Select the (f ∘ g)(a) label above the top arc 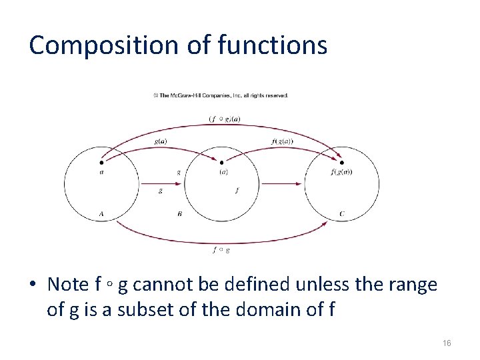click(x=225, y=119)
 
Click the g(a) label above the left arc click(x=161, y=141)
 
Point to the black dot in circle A click(x=101, y=161)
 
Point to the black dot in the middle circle click(x=222, y=161)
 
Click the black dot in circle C click(x=342, y=161)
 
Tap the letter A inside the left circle click(x=101, y=214)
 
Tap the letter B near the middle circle click(x=180, y=214)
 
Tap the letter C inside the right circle click(x=342, y=214)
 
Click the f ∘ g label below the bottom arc click(x=221, y=250)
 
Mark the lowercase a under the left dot click(x=101, y=172)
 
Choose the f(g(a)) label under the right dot click(x=341, y=172)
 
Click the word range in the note click(x=414, y=285)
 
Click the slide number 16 click(x=447, y=343)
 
